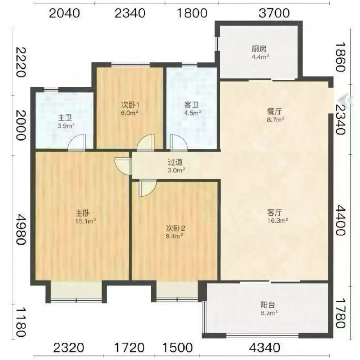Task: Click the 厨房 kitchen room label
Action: click(259, 49)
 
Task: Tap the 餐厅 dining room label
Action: click(274, 112)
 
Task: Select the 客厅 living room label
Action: click(274, 212)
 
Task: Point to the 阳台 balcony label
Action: click(268, 305)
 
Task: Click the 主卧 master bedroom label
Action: click(82, 213)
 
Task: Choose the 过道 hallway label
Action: click(175, 162)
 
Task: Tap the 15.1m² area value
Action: click(85, 221)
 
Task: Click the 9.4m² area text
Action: click(174, 236)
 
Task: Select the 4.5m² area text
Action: click(192, 113)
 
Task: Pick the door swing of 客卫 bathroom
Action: click(178, 142)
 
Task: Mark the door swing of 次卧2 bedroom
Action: click(148, 188)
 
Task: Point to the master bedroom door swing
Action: click(123, 166)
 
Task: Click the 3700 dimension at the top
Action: click(274, 13)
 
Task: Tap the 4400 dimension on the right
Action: click(341, 220)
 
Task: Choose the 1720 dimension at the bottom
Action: click(129, 348)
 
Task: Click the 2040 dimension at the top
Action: click(65, 13)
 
